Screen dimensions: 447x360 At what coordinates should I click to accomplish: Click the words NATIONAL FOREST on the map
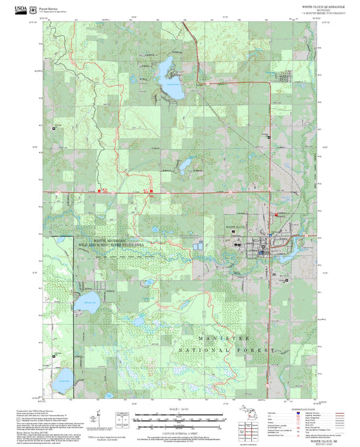[226, 351]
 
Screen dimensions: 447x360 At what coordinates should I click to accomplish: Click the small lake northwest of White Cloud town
[183, 166]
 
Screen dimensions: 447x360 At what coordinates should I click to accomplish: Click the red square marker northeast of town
[276, 215]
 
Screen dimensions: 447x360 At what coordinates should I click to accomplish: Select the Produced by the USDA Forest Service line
[34, 409]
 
